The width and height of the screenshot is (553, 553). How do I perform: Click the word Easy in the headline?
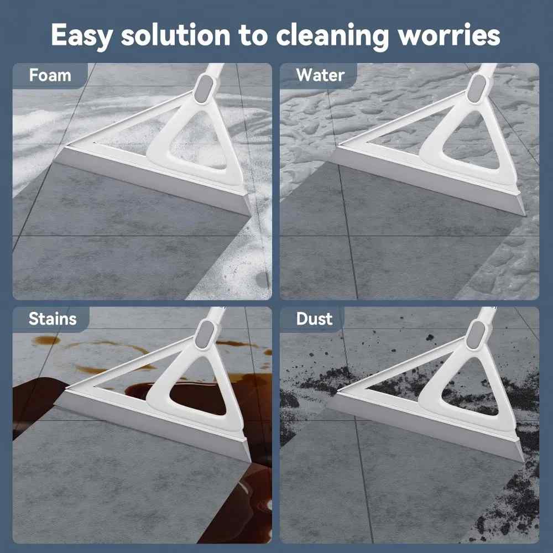point(82,35)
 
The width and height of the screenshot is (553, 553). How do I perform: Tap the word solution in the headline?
point(176,35)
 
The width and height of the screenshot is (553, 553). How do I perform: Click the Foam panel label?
point(50,75)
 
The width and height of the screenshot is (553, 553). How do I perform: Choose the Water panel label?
point(320,75)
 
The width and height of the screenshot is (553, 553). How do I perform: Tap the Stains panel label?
point(53,319)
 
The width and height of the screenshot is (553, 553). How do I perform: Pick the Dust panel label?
point(314,319)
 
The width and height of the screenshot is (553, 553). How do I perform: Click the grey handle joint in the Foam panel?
point(204,88)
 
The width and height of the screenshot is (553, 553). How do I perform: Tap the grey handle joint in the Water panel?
point(477,88)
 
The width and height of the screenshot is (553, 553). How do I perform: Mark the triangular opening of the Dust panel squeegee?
point(471,388)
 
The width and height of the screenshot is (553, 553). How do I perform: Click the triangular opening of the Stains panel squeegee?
point(199,388)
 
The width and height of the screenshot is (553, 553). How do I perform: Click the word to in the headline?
point(253,36)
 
